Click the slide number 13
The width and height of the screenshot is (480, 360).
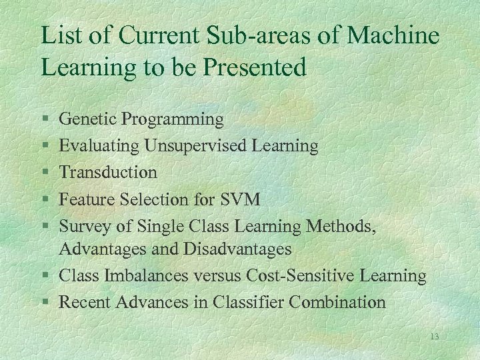pos(434,337)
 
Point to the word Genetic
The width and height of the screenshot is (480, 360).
pos(83,119)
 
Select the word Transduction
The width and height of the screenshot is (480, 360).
pos(108,172)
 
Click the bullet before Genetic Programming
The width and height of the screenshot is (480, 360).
pos(44,120)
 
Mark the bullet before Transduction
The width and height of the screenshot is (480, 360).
pos(44,173)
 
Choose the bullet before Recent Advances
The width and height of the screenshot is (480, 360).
pos(44,303)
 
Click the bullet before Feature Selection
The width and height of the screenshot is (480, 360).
pos(44,199)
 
